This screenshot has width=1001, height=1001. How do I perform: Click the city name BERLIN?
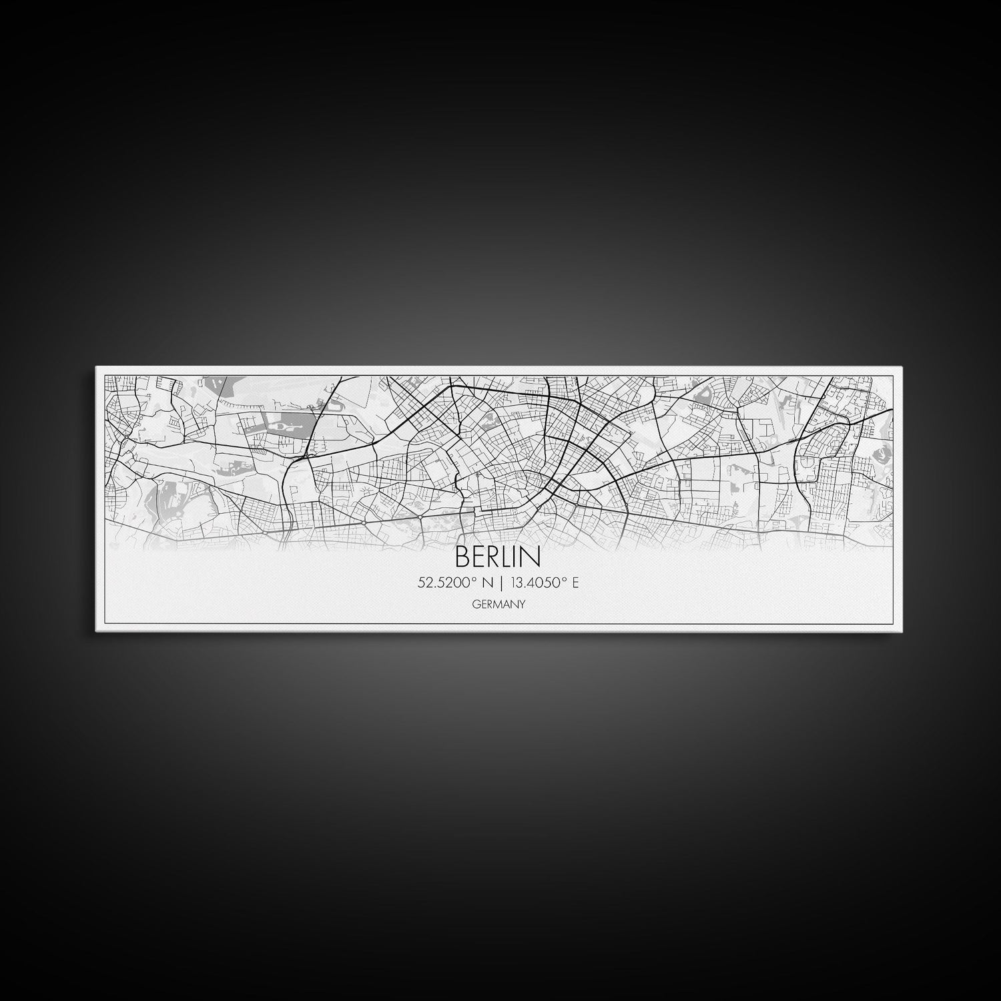498,556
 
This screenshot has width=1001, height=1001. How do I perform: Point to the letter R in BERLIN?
494,556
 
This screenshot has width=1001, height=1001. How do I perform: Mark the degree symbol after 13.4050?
565,580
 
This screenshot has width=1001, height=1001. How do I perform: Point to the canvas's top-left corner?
96,367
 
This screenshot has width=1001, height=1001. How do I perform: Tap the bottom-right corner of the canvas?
903,631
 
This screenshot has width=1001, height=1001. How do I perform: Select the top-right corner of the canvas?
903,367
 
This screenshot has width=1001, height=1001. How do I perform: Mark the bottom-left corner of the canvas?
96,631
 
